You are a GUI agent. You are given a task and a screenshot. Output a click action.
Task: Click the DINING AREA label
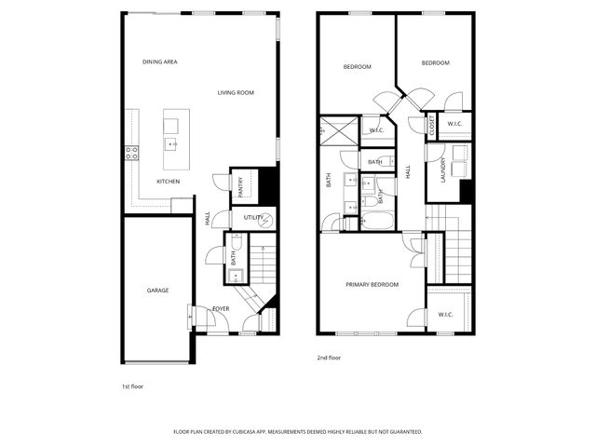[159, 62]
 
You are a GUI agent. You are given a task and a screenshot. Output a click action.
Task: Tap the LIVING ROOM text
[236, 93]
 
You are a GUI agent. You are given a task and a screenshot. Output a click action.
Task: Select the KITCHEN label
[168, 181]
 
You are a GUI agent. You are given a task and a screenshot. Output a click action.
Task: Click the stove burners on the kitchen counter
[132, 152]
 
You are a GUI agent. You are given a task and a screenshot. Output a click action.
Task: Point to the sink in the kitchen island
[172, 144]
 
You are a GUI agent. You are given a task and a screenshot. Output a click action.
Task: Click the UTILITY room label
[253, 218]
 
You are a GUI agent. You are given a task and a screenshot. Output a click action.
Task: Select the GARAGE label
[157, 291]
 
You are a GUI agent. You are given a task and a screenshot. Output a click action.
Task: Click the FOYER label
[221, 308]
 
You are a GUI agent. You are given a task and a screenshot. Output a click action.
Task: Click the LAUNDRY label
[443, 171]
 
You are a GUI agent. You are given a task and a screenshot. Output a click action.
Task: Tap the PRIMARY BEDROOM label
[372, 284]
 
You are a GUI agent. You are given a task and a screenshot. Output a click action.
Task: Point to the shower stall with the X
[337, 132]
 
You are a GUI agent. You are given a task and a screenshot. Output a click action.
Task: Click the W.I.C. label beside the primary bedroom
[445, 314]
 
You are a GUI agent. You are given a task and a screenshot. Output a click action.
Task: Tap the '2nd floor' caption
[329, 357]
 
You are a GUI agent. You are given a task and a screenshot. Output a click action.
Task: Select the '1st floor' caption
[132, 386]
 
